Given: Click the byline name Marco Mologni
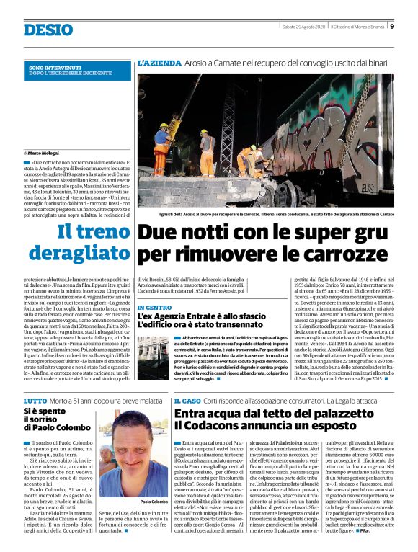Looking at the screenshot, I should point(45,153).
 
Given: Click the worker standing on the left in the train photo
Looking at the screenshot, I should point(162,148).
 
